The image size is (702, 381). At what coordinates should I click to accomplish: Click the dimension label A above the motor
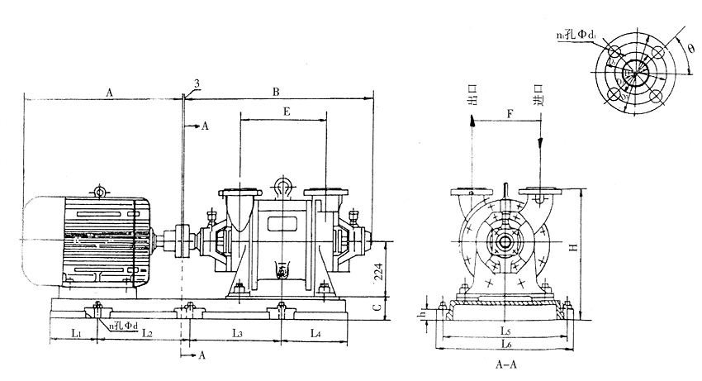coord(111,93)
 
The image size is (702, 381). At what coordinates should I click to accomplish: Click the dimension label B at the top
coord(275,93)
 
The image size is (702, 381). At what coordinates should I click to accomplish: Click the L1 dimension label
coord(74,333)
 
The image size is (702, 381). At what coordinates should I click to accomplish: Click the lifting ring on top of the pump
coord(282,184)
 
